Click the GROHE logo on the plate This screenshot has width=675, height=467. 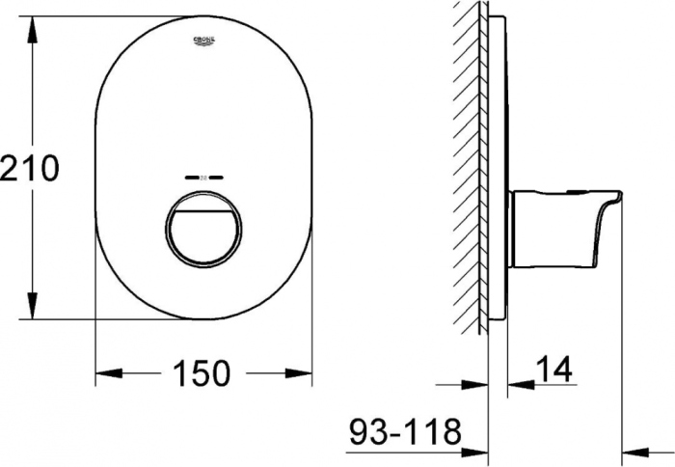coord(204,41)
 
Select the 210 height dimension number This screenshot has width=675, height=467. coord(30,168)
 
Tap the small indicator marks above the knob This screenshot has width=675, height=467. coord(203,178)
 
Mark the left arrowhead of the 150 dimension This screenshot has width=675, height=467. coord(106,371)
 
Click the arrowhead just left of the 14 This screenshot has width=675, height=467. coord(519,384)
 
